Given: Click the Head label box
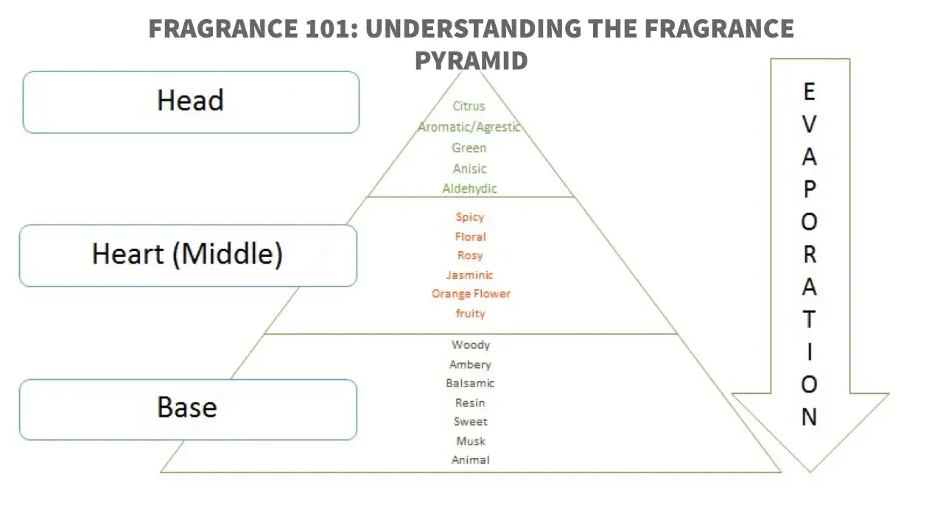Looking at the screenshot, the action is (x=191, y=102).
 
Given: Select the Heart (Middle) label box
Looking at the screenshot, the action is (x=188, y=255).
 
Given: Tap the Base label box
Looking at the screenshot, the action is (x=188, y=410).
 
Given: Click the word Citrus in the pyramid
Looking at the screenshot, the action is (x=469, y=106).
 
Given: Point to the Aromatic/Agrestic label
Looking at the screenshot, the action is (x=469, y=127).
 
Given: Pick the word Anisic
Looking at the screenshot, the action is (x=470, y=169).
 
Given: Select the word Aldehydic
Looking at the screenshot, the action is (x=469, y=188).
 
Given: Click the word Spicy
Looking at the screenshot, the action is (x=470, y=217).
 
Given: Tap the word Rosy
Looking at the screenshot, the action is (x=470, y=255).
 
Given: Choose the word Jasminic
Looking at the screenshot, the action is (x=470, y=275).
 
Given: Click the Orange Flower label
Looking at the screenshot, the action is (x=471, y=294).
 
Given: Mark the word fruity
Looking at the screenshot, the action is (x=471, y=314).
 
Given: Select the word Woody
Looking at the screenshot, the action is (x=471, y=345).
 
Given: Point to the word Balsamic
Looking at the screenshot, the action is (x=470, y=384).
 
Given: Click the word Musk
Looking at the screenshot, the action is (x=471, y=441).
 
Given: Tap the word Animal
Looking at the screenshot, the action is (x=471, y=460).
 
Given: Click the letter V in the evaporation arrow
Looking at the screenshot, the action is (x=809, y=124).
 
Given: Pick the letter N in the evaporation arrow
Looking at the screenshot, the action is (x=809, y=417).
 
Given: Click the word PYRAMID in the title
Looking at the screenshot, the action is (x=471, y=60).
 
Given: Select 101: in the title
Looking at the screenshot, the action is (x=332, y=29).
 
